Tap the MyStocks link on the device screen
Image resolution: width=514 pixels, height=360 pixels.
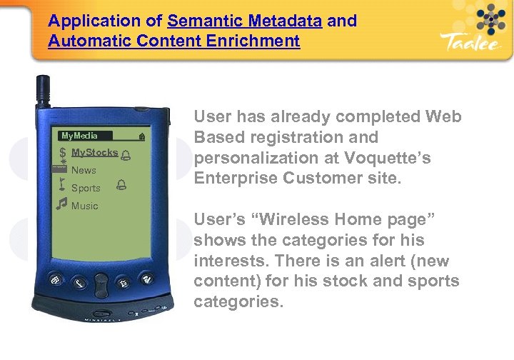[94, 153]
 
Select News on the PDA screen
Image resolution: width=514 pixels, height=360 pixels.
[84, 170]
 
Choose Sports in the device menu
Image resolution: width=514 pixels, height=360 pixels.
[86, 188]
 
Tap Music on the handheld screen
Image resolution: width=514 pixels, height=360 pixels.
[85, 206]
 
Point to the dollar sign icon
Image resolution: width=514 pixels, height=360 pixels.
[63, 153]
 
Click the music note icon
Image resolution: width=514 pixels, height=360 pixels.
[62, 205]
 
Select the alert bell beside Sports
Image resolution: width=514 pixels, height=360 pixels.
[120, 187]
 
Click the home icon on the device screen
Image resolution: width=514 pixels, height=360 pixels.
[142, 136]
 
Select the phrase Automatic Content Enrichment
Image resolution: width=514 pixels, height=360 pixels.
[174, 41]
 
